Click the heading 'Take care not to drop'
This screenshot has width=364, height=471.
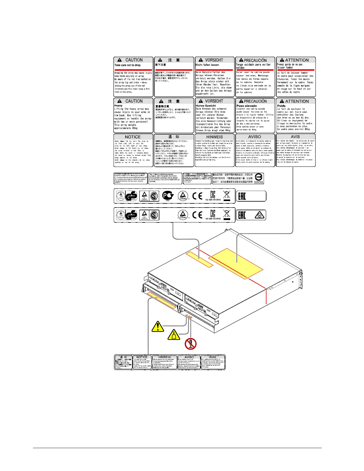[x=127, y=65]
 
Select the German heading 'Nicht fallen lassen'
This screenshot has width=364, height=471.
[x=207, y=65]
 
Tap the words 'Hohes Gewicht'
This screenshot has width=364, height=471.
[x=206, y=106]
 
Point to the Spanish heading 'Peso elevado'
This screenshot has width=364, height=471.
[x=247, y=106]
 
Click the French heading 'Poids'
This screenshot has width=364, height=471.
[x=281, y=106]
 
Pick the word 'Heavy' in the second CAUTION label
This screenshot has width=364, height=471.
[x=118, y=106]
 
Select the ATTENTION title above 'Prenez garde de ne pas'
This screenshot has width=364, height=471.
[x=296, y=60]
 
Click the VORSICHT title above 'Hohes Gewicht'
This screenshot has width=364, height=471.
[x=214, y=101]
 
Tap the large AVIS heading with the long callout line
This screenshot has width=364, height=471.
[x=295, y=137]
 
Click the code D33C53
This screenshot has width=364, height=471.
[x=259, y=182]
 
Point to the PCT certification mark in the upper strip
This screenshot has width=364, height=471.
[x=167, y=196]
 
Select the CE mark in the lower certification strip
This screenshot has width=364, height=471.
[x=197, y=215]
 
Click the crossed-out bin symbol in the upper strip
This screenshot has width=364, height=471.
[x=227, y=196]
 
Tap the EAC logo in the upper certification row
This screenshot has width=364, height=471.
[x=242, y=196]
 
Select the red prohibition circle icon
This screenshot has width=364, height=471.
[x=190, y=344]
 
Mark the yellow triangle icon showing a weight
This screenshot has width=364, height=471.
[x=174, y=335]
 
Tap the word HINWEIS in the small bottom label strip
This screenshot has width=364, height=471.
[x=164, y=357]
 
